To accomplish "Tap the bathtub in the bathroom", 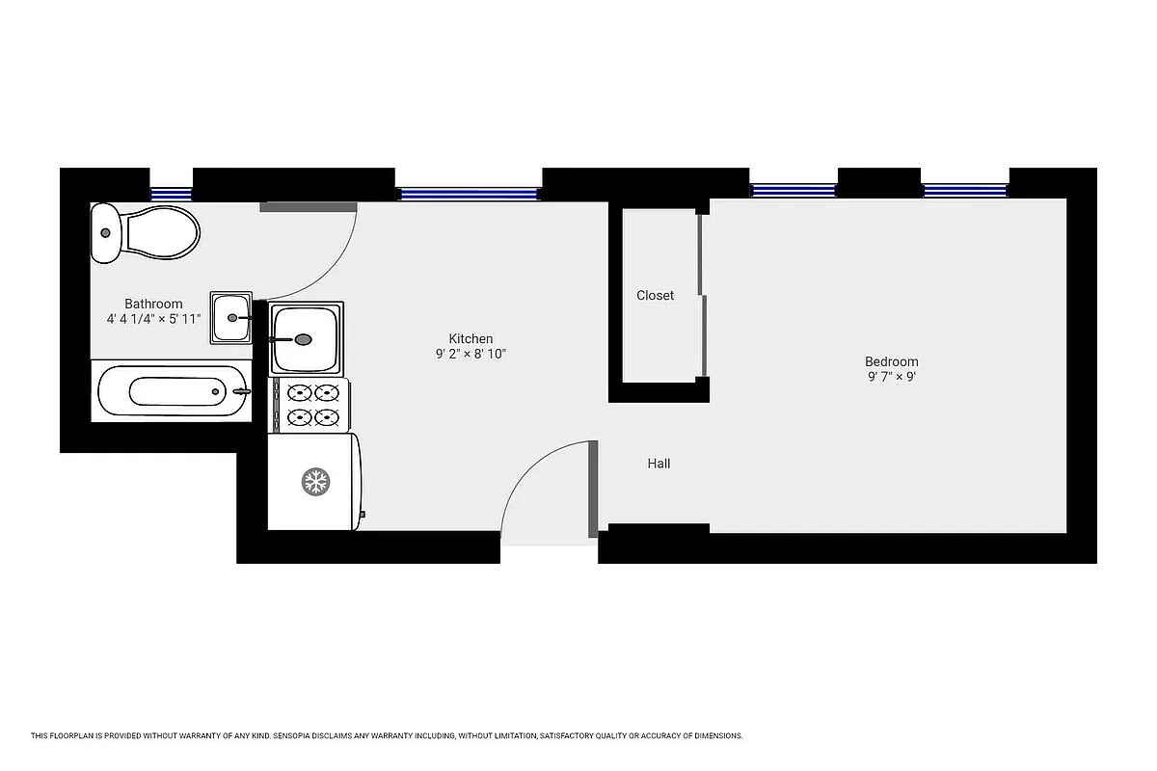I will click(x=172, y=392).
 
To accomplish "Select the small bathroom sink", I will click(x=231, y=317).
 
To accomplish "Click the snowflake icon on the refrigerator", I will click(x=313, y=482).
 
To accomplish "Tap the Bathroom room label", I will click(x=153, y=304).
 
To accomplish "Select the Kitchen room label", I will click(x=471, y=338).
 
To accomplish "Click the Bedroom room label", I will click(x=891, y=361).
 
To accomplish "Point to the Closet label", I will click(x=655, y=295).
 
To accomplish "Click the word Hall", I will click(x=659, y=464).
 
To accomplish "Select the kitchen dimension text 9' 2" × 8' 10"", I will click(x=471, y=354).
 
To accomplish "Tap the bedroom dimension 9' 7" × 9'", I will click(x=891, y=377).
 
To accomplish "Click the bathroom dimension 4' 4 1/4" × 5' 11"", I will click(x=153, y=318).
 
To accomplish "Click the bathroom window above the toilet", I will click(x=172, y=193).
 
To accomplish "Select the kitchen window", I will click(x=469, y=194).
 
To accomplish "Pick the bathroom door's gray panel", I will click(x=309, y=206).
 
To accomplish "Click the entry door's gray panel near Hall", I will click(x=593, y=489).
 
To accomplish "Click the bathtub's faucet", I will click(x=240, y=391).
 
